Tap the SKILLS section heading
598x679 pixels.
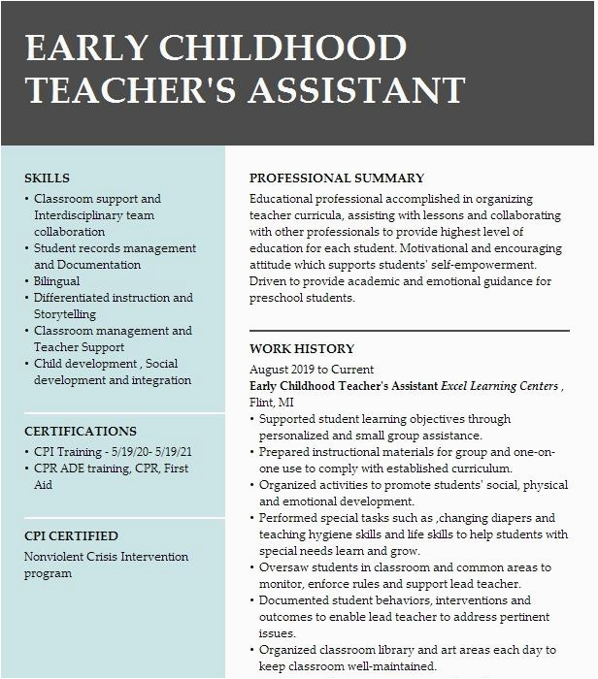tap(47, 178)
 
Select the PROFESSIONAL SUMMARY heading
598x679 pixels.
tap(336, 178)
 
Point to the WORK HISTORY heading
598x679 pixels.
tap(302, 348)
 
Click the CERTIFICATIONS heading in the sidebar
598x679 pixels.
tap(81, 431)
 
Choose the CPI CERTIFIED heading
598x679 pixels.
tap(71, 535)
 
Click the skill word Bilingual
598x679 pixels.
tap(57, 281)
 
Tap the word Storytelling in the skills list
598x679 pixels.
tap(65, 314)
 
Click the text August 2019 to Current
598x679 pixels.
tap(311, 370)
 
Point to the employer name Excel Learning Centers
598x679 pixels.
tap(499, 386)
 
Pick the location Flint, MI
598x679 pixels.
tap(271, 402)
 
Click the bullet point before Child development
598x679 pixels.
tap(26, 365)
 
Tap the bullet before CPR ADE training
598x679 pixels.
tap(26, 469)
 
